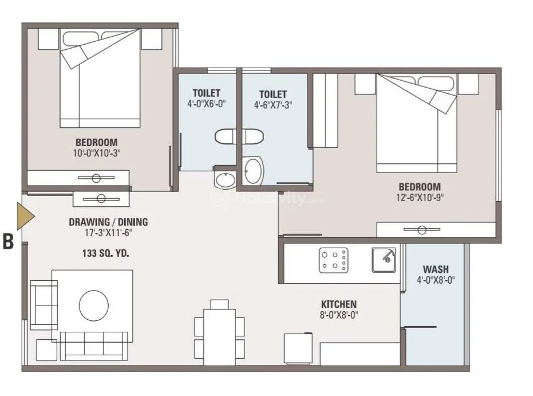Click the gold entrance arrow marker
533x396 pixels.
coord(25,216)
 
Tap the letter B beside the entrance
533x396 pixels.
coord(8,241)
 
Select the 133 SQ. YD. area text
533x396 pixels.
coord(106,253)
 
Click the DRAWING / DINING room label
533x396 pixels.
coord(108,222)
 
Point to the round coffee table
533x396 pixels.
coord(94,305)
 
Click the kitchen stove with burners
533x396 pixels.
coord(333,260)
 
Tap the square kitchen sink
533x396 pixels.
coord(384,260)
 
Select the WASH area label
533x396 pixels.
coord(436,269)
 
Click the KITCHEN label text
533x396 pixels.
coord(339,304)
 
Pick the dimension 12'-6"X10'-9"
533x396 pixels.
coord(420,197)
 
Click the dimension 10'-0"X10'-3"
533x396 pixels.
coord(97,153)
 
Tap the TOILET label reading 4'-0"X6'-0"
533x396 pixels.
coord(206,93)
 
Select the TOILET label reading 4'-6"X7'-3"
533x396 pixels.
coord(273,94)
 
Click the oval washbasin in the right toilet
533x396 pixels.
coord(254,170)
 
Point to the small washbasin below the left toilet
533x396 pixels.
coord(224,179)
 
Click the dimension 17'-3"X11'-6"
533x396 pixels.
coord(108,233)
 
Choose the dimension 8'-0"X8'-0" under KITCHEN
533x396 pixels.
coord(339,315)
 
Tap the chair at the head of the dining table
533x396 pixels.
coord(220,304)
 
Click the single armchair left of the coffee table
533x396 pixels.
coord(44,305)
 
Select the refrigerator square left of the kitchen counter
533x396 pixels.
coord(298,349)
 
